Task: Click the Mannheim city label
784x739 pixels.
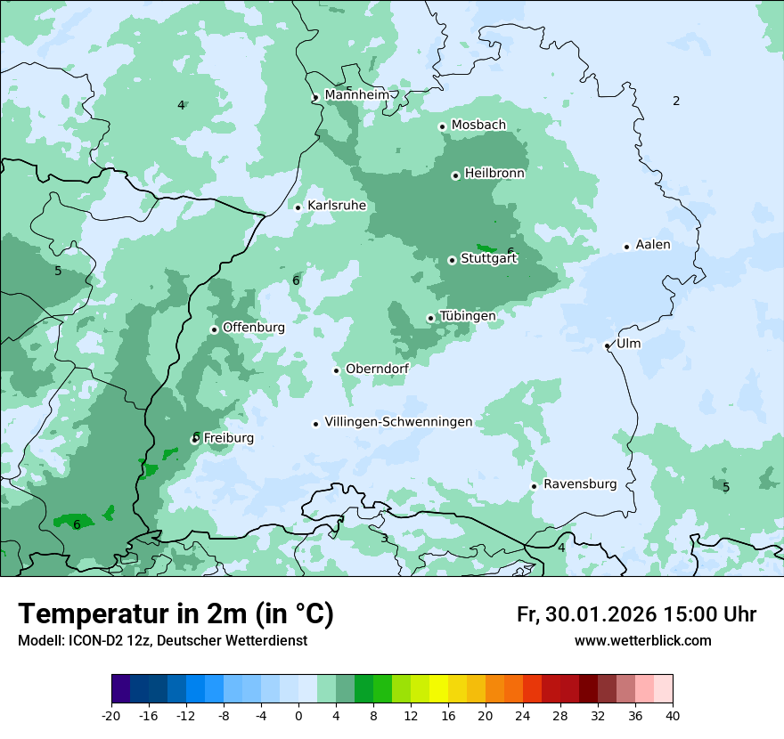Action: tap(356, 94)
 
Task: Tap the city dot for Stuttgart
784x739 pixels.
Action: tap(452, 260)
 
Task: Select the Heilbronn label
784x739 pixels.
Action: tap(494, 174)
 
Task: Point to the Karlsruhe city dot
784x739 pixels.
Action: tap(298, 207)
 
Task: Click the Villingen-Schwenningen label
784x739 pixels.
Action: tap(398, 422)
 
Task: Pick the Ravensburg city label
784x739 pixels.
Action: tap(580, 484)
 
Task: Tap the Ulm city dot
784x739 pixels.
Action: tap(607, 345)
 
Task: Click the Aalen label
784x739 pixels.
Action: tap(653, 245)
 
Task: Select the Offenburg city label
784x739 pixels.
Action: tap(254, 328)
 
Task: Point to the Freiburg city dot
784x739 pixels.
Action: tap(194, 439)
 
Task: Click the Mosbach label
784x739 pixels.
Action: tap(478, 126)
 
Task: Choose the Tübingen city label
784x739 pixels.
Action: tap(468, 316)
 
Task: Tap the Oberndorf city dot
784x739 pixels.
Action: tap(336, 370)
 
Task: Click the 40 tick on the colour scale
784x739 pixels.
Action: tap(673, 715)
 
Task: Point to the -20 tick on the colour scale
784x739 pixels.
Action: tap(111, 715)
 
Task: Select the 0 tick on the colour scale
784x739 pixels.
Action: tap(298, 715)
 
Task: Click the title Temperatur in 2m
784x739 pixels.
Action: tap(176, 614)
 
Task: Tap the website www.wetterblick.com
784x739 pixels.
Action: tap(643, 641)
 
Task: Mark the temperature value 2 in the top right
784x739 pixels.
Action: tap(676, 102)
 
